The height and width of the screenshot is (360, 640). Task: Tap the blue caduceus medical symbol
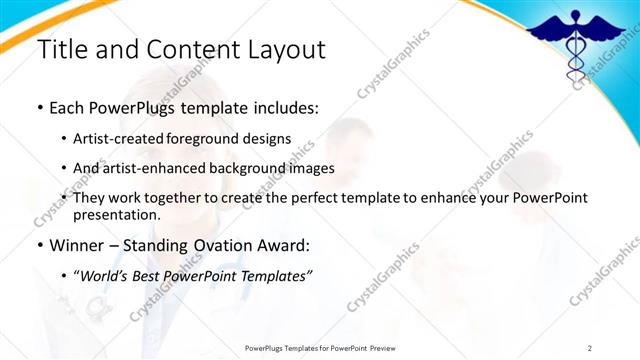pos(575,44)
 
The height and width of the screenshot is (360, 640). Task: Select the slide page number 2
pos(590,347)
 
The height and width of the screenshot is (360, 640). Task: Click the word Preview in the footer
pos(411,347)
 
